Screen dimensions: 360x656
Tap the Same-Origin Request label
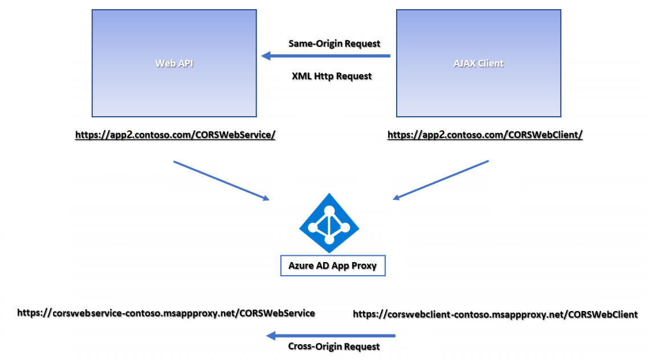[334, 43]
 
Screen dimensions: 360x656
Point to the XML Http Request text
[332, 76]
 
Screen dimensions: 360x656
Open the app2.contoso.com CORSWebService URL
[176, 135]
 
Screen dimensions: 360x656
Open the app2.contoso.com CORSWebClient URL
[485, 135]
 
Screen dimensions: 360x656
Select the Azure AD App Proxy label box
[333, 265]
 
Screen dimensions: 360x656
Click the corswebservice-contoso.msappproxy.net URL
[166, 313]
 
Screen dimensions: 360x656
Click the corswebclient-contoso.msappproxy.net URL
[495, 314]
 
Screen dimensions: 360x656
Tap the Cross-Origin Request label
[333, 346]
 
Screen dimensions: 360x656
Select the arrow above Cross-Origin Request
[331, 335]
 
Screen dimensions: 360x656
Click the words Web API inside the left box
[174, 63]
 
